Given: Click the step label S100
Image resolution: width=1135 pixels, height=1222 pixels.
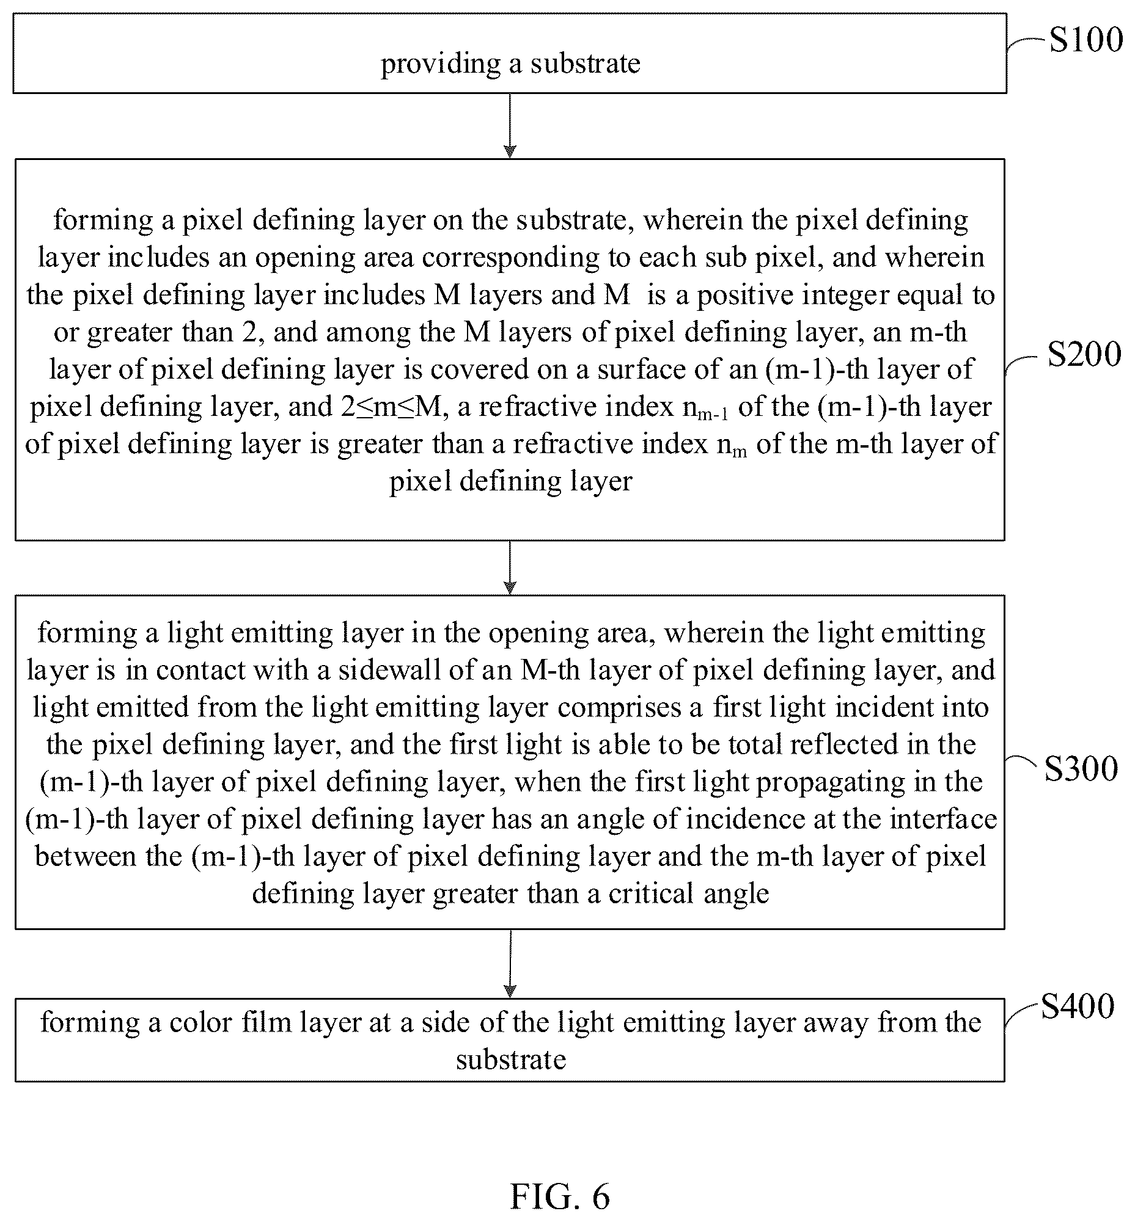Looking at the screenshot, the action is [x=1085, y=40].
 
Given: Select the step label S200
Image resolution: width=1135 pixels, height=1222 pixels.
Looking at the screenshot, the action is [x=1084, y=355].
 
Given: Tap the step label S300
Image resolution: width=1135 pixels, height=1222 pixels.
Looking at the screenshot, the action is [x=1081, y=768].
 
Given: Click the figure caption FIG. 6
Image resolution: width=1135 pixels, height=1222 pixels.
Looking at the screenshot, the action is [x=559, y=1196].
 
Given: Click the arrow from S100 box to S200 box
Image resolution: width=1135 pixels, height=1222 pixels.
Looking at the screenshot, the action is [x=510, y=126].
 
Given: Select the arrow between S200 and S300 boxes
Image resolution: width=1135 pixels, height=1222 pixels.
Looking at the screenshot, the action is [x=510, y=568].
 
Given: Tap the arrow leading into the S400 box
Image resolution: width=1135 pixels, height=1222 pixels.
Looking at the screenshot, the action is [x=510, y=964].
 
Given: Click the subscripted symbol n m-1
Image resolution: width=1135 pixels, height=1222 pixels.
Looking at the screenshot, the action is [x=705, y=409].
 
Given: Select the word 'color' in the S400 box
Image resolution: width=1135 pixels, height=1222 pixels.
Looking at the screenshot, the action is [x=200, y=1022].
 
